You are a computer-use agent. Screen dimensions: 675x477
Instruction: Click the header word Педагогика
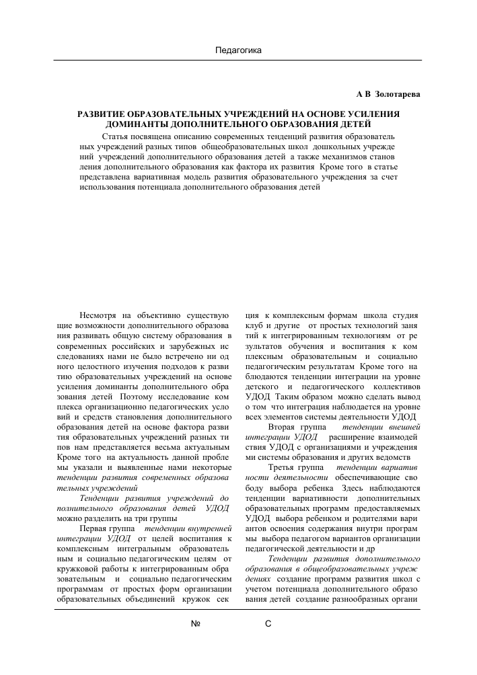[237, 50]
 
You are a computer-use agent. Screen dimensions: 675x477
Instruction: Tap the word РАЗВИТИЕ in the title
[109, 114]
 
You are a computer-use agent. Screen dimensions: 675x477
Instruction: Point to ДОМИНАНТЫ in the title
[141, 124]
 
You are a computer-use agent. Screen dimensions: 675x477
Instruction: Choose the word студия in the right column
[404, 315]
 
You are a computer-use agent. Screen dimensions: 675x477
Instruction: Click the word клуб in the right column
[255, 325]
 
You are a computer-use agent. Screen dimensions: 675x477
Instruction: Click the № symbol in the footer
[196, 624]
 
